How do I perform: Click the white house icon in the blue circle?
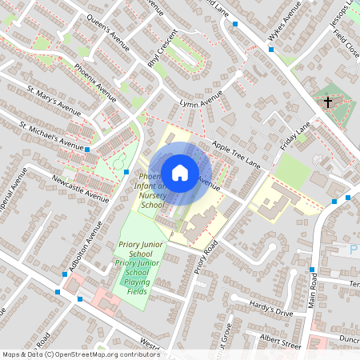[180, 172]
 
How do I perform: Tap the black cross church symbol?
[328, 102]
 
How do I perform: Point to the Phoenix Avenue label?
[95, 79]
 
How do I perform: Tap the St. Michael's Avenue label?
[51, 136]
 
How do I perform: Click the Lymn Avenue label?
[201, 102]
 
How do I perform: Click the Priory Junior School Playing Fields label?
[134, 276]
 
